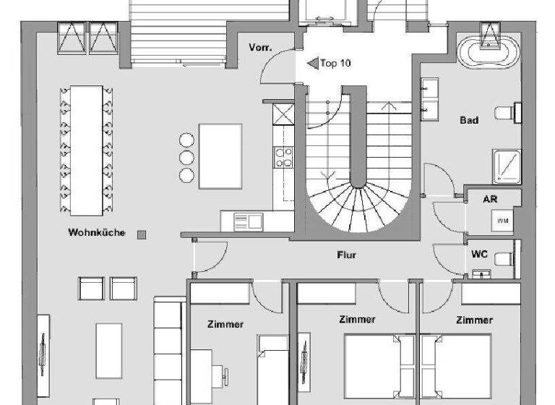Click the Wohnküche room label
(97, 233)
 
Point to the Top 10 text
(337, 64)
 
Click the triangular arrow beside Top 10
(313, 64)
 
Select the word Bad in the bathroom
(469, 120)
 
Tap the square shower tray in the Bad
(506, 165)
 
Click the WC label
(478, 255)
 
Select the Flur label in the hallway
(347, 255)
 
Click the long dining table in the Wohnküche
(87, 150)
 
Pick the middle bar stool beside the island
(187, 157)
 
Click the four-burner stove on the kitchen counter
(283, 157)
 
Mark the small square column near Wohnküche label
(142, 234)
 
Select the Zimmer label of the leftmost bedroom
(225, 325)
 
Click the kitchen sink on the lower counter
(247, 221)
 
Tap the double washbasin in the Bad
(426, 100)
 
